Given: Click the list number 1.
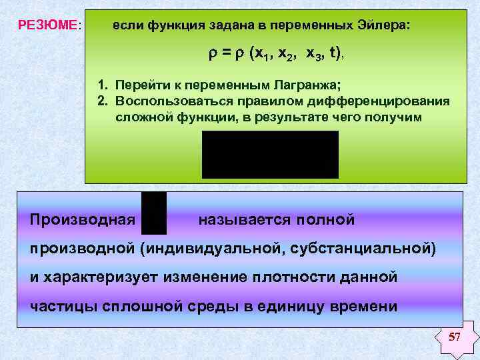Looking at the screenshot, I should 101,86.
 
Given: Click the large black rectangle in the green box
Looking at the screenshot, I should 270,154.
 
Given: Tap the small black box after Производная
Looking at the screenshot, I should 154,213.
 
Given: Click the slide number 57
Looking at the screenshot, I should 454,337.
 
